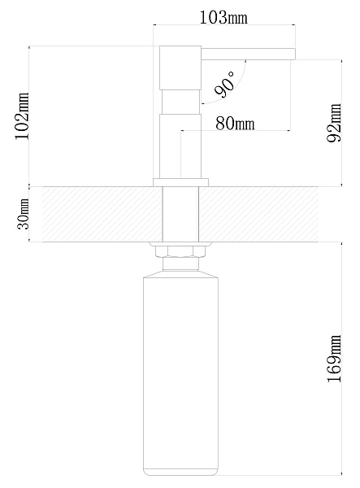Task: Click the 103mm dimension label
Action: (223, 17)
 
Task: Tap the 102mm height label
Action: (23, 115)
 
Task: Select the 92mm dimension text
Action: (334, 123)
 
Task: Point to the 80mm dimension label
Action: (235, 124)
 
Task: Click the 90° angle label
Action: (225, 84)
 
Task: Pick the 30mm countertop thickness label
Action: (24, 213)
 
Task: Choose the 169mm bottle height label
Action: (334, 359)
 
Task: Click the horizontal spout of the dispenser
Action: (248, 54)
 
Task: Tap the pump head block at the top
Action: (180, 68)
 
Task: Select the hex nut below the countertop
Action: (180, 251)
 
